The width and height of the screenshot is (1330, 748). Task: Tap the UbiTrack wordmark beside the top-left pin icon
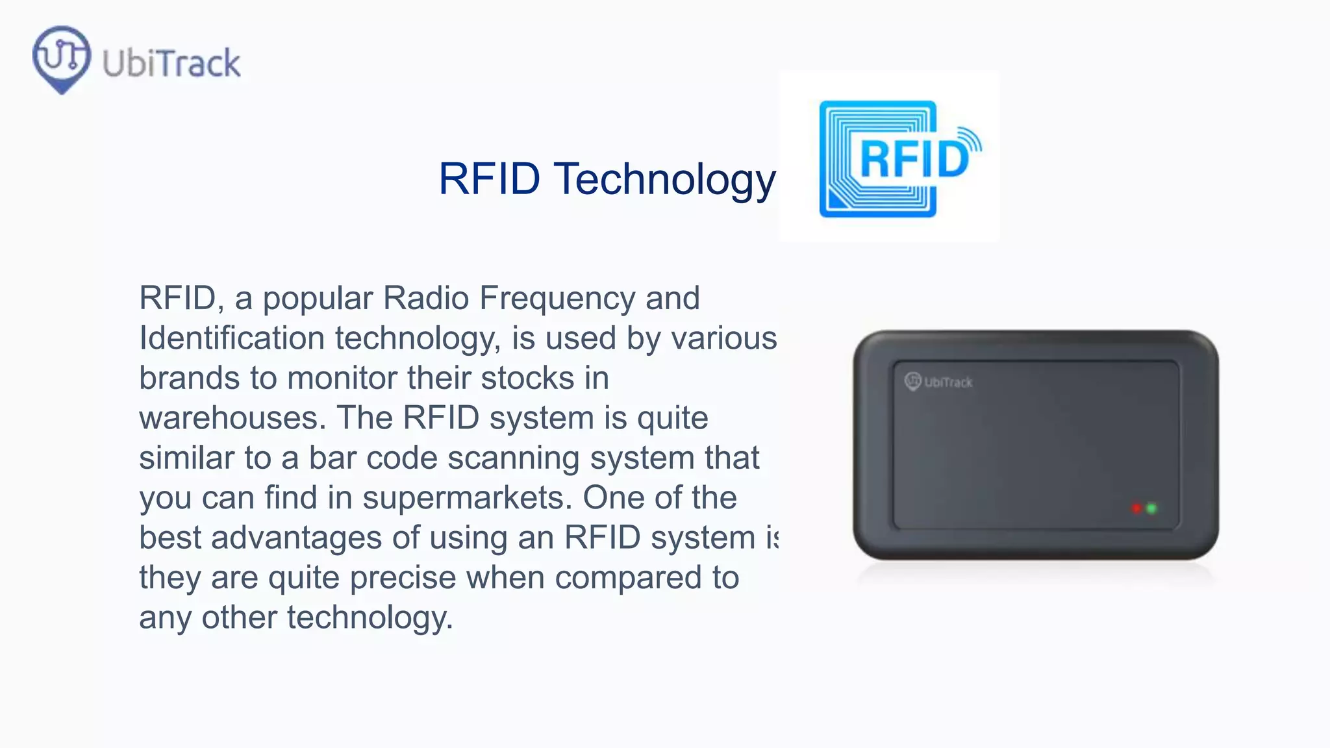click(171, 64)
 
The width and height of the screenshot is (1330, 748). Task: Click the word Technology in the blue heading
click(664, 179)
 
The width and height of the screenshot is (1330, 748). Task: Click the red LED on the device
click(1136, 508)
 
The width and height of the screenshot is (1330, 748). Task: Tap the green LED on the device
click(1151, 508)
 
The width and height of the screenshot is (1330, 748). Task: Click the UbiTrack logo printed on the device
click(938, 382)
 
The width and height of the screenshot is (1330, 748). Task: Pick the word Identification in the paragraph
click(232, 338)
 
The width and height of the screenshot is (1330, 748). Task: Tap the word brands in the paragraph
click(189, 379)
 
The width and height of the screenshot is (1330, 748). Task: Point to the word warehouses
click(232, 418)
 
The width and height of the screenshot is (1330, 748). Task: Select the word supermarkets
click(467, 498)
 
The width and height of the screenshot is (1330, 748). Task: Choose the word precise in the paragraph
click(403, 578)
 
